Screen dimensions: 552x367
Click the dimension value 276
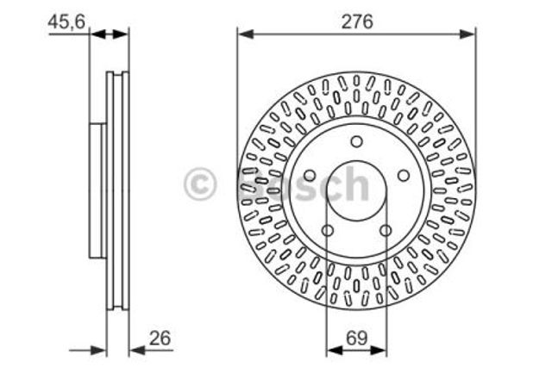(357, 22)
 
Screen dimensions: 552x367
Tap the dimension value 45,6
(66, 22)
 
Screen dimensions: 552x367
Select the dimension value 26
(160, 338)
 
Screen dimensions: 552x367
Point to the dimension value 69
(356, 338)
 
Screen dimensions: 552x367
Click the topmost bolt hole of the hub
(356, 141)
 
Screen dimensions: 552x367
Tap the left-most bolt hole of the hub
(310, 176)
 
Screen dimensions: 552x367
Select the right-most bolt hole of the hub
(404, 176)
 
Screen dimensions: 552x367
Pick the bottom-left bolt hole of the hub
(328, 231)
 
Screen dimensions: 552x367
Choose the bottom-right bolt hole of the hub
(386, 231)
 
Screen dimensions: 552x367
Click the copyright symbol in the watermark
(199, 183)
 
